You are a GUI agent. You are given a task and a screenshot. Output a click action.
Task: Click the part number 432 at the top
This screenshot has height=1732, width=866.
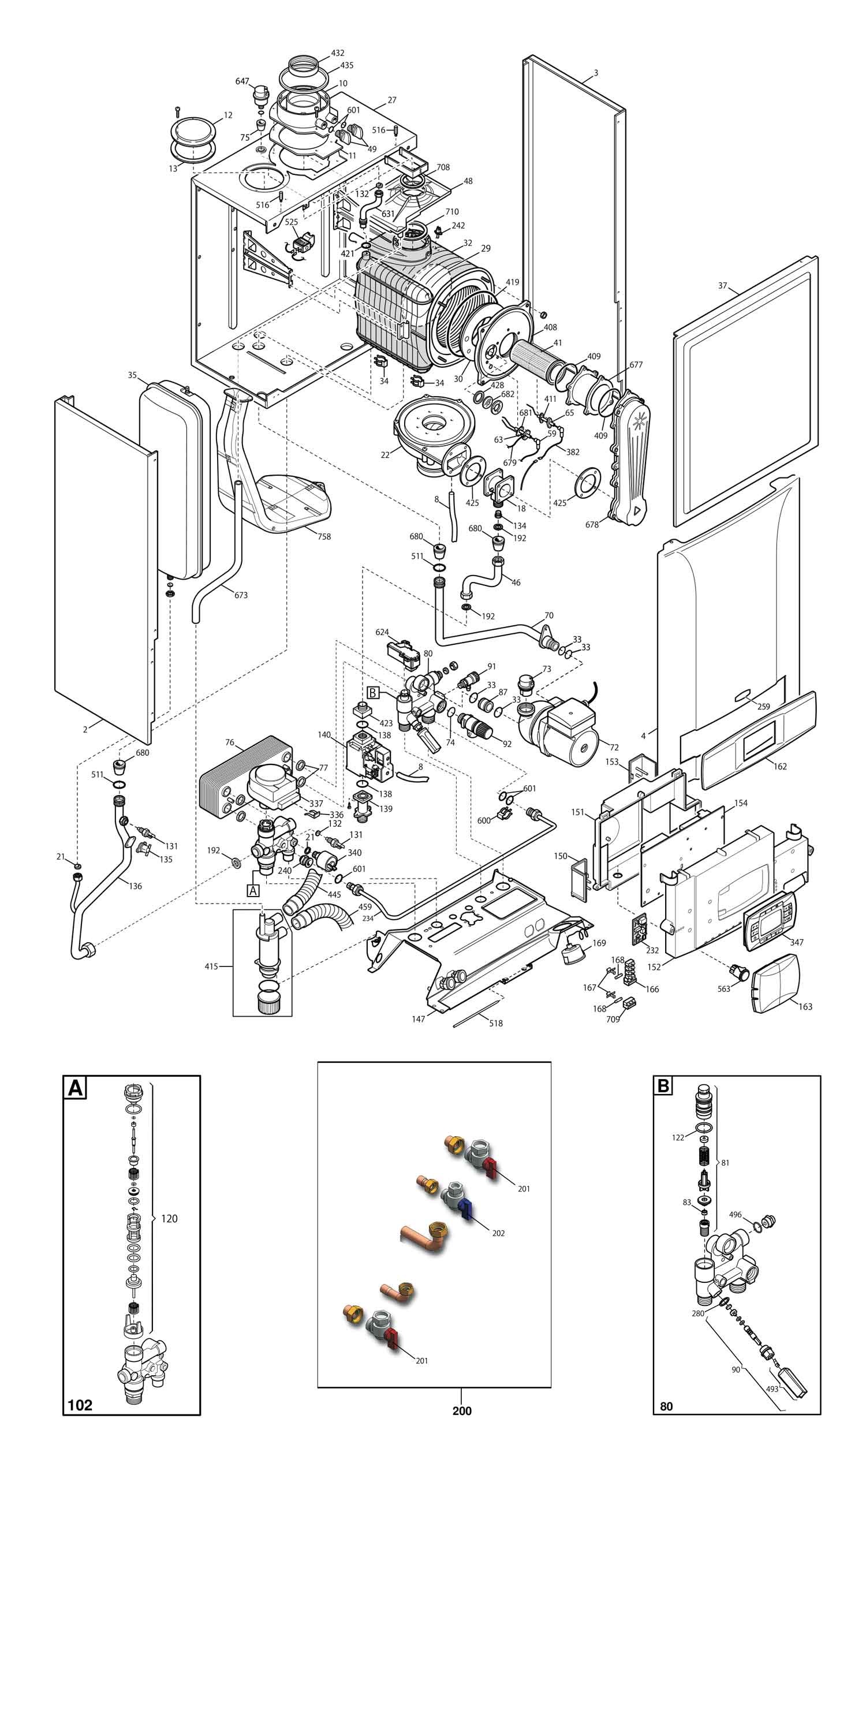(x=338, y=53)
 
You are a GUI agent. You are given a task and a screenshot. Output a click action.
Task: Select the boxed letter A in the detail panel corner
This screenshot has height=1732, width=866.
(x=75, y=1087)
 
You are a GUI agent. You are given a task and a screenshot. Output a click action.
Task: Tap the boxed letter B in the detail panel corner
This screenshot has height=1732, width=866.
(x=663, y=1085)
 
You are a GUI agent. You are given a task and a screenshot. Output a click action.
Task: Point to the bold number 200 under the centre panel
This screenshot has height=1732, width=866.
(x=462, y=1410)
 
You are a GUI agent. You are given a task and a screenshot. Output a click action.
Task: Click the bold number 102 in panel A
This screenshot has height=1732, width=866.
(x=80, y=1405)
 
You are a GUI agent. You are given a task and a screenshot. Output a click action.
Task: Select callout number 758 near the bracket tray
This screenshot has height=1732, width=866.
(x=324, y=536)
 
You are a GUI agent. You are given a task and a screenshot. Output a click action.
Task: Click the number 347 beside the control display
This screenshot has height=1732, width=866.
(x=797, y=942)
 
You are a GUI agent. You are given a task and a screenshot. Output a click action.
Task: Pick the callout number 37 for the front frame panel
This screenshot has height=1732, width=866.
(x=723, y=286)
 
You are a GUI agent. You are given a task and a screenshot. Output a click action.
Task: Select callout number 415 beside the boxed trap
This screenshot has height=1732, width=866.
(x=211, y=966)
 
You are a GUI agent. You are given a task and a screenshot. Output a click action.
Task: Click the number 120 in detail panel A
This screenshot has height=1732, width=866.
(x=169, y=1218)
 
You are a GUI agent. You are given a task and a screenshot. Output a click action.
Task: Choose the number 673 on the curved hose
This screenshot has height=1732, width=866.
(x=241, y=595)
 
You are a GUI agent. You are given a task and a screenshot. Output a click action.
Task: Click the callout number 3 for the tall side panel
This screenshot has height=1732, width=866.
(x=596, y=73)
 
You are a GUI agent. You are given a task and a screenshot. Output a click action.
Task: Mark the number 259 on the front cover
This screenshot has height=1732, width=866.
(x=763, y=707)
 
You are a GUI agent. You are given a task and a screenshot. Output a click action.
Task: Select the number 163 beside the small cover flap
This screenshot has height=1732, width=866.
(x=805, y=1006)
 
